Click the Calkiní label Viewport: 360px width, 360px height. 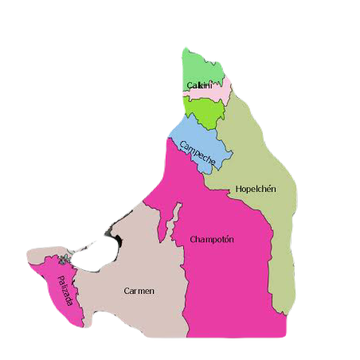tap(199, 85)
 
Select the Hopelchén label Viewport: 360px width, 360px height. tap(256, 190)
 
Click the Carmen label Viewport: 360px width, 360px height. tap(139, 291)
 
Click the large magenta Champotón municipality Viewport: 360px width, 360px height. tap(231, 279)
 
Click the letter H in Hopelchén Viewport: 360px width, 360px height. tap(239, 190)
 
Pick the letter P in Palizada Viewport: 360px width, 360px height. tap(61, 280)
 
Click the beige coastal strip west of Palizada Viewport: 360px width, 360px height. tap(36, 256)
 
